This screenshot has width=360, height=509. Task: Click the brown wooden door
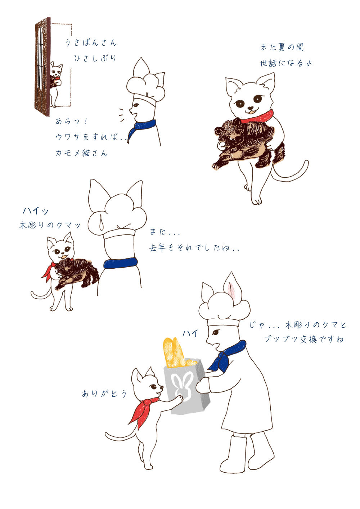click(x=42, y=67)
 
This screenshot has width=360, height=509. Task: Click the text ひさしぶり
click(x=95, y=58)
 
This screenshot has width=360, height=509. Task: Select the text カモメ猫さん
click(x=81, y=153)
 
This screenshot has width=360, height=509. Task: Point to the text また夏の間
click(x=282, y=47)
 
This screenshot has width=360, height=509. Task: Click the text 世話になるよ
click(x=286, y=63)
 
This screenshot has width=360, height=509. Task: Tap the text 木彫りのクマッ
click(x=50, y=225)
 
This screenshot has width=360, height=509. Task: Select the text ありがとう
click(x=104, y=394)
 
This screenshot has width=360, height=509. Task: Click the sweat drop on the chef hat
click(x=102, y=224)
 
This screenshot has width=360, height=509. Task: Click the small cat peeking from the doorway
click(x=55, y=84)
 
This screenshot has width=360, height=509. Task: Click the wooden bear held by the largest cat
click(x=248, y=142)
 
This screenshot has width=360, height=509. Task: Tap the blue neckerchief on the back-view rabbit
click(x=121, y=263)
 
